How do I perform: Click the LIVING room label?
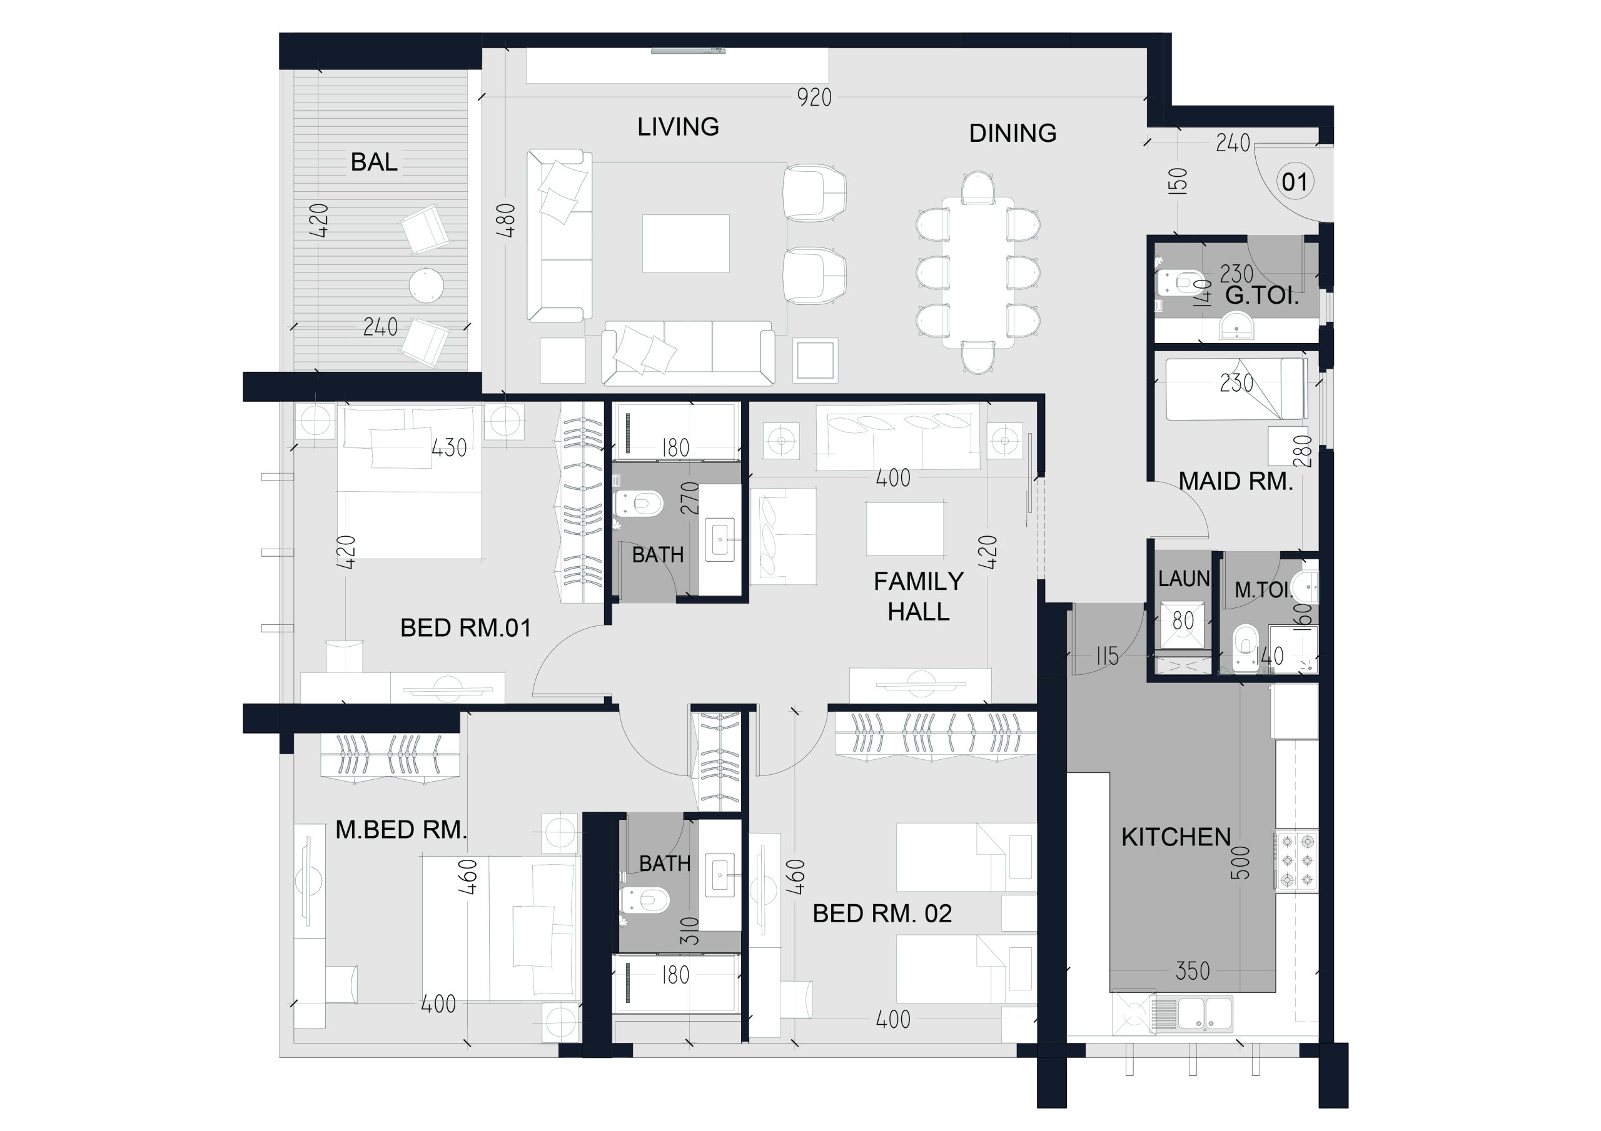[678, 127]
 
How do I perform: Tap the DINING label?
[1013, 133]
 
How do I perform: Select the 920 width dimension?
[814, 97]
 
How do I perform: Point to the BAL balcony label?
[374, 162]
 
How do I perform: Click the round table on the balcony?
[426, 285]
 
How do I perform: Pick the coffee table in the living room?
[685, 243]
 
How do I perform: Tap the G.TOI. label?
[1262, 296]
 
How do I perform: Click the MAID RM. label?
[1236, 482]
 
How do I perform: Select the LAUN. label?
[1184, 579]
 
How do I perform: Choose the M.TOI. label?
[1263, 590]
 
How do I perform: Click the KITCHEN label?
[1176, 837]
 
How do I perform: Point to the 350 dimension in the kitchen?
[1193, 970]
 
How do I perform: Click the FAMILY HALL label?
[918, 597]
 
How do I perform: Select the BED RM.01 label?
[466, 629]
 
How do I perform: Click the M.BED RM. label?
[401, 830]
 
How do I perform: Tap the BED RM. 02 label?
[882, 914]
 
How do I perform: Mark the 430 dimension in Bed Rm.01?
[449, 447]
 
